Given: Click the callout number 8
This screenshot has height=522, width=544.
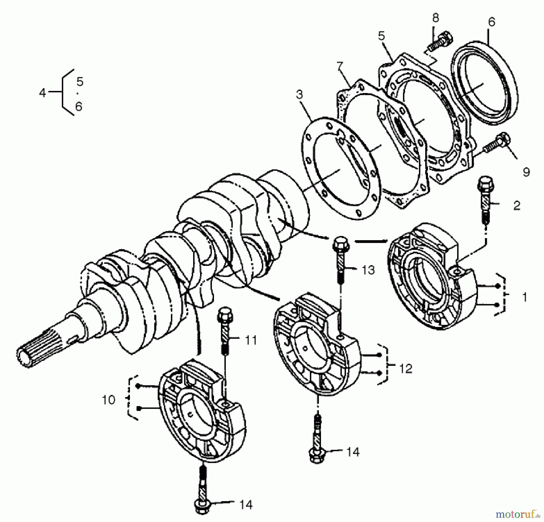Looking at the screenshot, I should pos(435,18).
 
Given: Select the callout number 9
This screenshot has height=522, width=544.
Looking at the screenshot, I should pos(526,172).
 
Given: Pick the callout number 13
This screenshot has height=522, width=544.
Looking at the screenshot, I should pos(368,270).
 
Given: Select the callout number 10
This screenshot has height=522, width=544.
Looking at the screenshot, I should pos(108,400).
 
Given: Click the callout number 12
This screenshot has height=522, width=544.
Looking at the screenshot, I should pos(405,369).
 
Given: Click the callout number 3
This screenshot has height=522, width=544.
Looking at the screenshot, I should pos(299,95).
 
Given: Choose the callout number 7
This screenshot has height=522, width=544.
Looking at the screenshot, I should pos(340,66).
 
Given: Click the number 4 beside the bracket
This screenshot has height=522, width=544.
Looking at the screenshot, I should pos(42,93).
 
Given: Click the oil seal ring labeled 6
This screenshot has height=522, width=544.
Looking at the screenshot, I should pos(484,82).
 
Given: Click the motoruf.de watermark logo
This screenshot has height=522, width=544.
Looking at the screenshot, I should pos(517,513).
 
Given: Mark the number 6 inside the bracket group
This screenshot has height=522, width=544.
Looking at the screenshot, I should pos(79,107).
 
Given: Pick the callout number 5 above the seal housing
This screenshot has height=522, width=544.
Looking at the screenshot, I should pos(382,36).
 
